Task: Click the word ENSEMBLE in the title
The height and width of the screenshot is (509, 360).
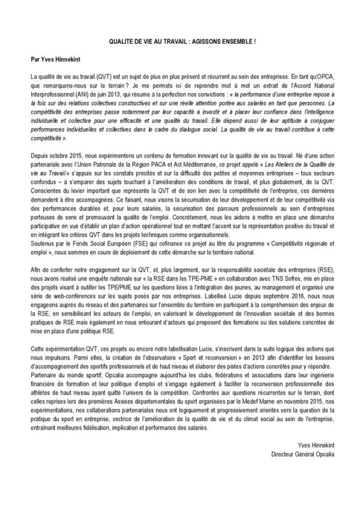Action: pos(233,43)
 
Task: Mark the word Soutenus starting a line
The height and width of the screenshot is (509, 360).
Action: pos(42,245)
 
